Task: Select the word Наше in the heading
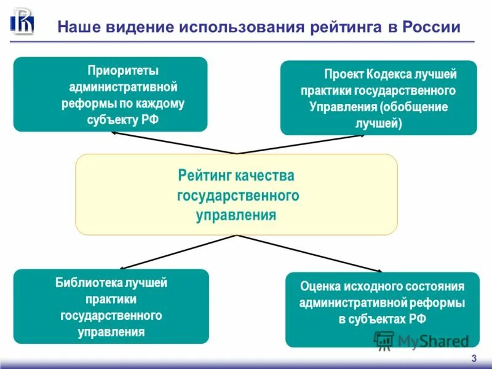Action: (x=76, y=28)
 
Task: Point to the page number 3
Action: (x=473, y=359)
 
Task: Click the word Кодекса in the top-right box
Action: (x=391, y=74)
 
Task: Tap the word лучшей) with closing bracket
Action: (x=378, y=123)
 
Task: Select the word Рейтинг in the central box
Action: (x=202, y=176)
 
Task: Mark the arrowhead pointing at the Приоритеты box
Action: (x=114, y=132)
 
